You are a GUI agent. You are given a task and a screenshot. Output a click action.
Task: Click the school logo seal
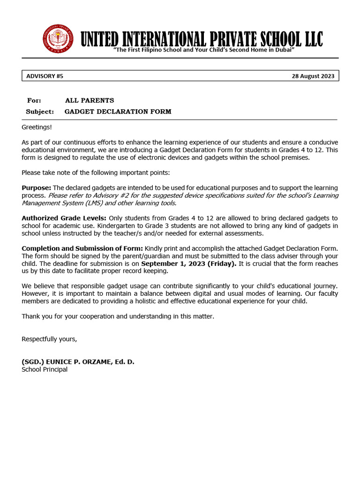[58, 38]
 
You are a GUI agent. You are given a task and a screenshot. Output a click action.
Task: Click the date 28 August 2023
[313, 76]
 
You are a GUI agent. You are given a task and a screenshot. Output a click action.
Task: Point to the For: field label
[34, 100]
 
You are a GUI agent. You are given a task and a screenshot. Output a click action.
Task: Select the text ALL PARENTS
[90, 100]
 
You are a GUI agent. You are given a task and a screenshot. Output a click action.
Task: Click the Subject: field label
[40, 112]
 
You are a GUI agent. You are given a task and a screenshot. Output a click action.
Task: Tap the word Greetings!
[37, 127]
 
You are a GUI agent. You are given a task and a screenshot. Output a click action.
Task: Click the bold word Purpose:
[36, 188]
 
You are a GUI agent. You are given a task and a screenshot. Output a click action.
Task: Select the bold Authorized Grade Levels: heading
[64, 218]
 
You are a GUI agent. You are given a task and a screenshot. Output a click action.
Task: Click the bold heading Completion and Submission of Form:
[82, 248]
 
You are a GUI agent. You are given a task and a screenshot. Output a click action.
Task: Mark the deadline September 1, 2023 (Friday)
[189, 263]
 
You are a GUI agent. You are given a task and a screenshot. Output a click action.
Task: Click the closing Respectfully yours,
[49, 339]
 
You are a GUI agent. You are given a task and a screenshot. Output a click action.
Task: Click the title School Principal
[45, 369]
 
